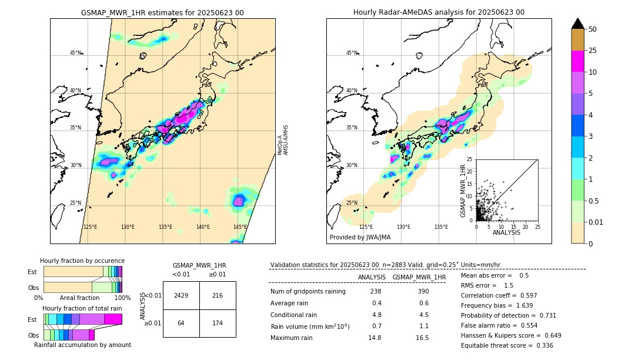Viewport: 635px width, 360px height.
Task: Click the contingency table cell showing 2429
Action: (x=181, y=295)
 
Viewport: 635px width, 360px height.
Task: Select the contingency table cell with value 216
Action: (x=218, y=295)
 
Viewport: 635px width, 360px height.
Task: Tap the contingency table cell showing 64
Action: (x=181, y=323)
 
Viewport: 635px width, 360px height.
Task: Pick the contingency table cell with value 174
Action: (x=218, y=323)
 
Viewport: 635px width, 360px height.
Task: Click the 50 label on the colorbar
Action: (x=593, y=29)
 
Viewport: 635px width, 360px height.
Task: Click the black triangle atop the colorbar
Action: (x=578, y=24)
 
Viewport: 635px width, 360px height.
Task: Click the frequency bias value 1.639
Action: (x=525, y=322)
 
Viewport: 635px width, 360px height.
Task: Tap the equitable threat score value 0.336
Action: (x=542, y=345)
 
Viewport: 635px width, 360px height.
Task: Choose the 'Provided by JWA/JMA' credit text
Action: (x=360, y=237)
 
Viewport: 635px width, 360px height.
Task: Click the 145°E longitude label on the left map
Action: (x=240, y=227)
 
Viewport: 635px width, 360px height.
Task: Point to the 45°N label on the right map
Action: (x=352, y=53)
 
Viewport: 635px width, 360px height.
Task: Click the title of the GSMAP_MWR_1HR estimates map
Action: (x=162, y=12)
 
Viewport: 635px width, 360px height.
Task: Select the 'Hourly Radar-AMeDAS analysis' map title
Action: (x=439, y=12)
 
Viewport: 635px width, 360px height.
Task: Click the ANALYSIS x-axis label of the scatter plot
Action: (x=506, y=233)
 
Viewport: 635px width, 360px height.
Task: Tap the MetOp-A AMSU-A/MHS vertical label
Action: (x=284, y=140)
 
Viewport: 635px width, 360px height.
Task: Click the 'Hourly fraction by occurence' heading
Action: (x=82, y=261)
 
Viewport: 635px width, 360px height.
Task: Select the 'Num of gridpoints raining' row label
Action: (x=308, y=292)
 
